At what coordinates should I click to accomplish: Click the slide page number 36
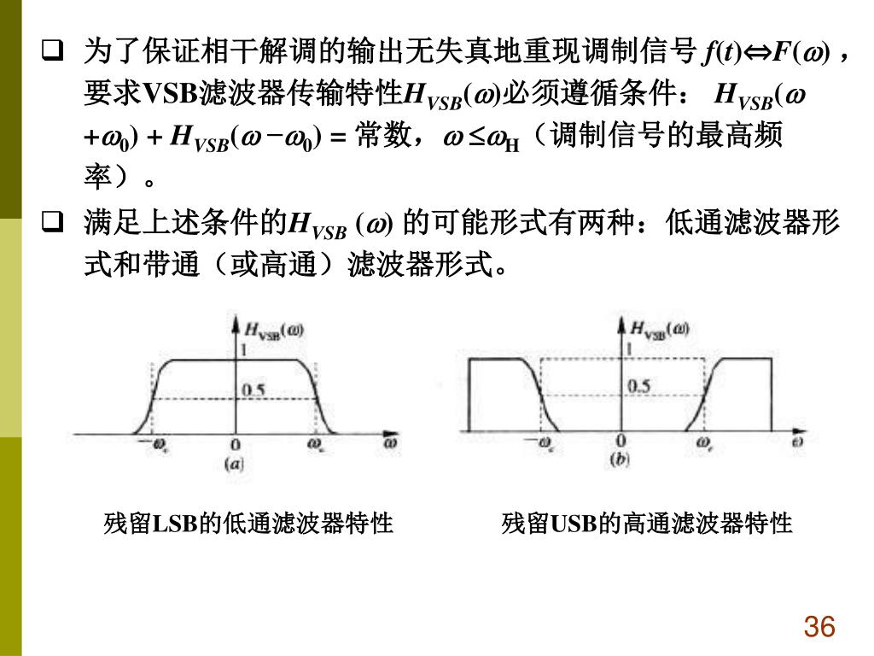click(x=818, y=628)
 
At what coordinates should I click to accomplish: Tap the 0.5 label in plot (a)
click(x=253, y=390)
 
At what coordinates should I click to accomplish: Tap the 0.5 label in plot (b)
click(x=638, y=386)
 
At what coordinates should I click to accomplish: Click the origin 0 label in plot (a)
click(x=235, y=446)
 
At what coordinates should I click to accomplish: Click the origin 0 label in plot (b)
click(x=621, y=441)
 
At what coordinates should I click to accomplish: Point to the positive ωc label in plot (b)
click(x=704, y=442)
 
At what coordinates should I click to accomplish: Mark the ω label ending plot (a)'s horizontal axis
click(x=390, y=443)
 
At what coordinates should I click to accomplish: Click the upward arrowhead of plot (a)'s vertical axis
click(x=236, y=321)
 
